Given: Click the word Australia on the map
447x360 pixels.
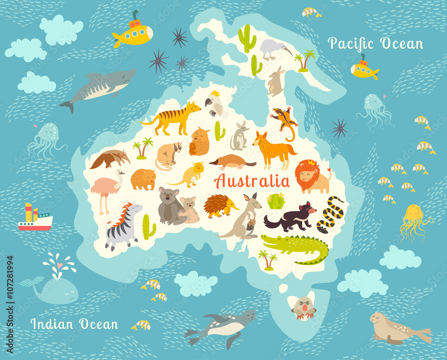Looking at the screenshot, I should (252, 181).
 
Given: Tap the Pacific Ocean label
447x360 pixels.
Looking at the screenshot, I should (375, 44).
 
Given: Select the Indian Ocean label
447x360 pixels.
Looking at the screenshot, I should (74, 324).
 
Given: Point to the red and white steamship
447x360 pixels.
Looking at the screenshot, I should (35, 218).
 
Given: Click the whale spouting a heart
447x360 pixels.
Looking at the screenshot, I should (54, 288).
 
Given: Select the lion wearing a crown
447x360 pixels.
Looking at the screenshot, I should (312, 176).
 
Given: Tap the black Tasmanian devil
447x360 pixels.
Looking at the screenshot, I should (291, 216).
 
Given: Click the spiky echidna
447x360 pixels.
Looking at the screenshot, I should (219, 205).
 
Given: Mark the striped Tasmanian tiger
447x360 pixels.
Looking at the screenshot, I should (172, 117).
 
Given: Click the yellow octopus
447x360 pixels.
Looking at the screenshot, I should (414, 219).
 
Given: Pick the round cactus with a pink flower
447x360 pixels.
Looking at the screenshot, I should (276, 201).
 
